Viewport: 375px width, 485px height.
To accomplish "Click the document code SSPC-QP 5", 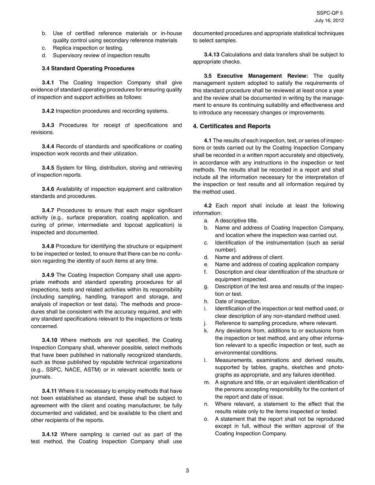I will (x=330, y=13).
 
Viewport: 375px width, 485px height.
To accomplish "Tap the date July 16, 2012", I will (x=329, y=21).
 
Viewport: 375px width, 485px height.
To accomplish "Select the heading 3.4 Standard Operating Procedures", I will (x=88, y=69).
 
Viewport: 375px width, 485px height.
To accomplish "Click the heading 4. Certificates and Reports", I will (x=232, y=126).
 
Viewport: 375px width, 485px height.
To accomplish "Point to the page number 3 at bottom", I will (x=187, y=470).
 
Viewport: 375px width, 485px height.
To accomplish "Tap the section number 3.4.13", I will (x=212, y=54).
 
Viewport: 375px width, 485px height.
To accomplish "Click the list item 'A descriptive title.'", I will (x=236, y=220).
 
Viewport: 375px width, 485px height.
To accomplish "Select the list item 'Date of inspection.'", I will (x=238, y=301).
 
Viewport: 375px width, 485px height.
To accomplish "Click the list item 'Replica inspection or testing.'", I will (x=88, y=48).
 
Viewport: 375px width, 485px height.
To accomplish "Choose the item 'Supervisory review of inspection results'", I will (x=101, y=56).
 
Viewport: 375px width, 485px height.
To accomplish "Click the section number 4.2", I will (x=208, y=206).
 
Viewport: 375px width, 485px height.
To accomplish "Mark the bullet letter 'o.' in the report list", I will (x=206, y=419).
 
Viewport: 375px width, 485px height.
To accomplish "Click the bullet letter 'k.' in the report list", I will (x=206, y=330).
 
